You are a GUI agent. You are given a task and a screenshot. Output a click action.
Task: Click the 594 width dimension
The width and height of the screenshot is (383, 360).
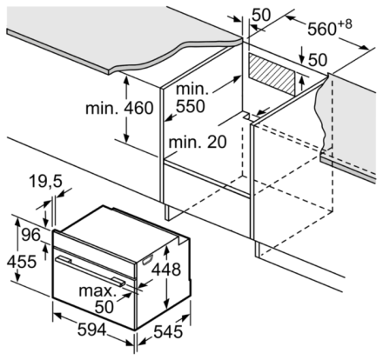pos(91,330)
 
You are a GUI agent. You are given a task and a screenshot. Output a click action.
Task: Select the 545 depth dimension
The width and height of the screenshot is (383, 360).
pos(168,331)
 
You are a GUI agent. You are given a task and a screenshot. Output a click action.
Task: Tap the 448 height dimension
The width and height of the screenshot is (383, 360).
pos(166,270)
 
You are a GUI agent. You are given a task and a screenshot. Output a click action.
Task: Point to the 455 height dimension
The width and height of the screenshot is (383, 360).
pos(22,262)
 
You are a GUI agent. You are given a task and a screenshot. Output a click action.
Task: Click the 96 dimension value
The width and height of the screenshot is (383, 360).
pos(31,234)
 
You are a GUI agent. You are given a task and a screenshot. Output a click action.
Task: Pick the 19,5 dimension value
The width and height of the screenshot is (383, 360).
pos(45,182)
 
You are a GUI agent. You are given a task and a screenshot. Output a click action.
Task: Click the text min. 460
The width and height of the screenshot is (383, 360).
pos(119,108)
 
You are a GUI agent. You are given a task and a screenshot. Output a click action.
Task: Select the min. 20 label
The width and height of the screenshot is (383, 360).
pos(198,142)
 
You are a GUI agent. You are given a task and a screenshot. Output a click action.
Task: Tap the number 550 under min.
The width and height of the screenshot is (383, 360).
pos(191,106)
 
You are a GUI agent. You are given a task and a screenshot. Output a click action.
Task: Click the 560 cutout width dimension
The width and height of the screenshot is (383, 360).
pos(321,29)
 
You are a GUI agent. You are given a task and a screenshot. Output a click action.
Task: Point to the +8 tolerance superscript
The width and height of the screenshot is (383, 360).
pos(345,23)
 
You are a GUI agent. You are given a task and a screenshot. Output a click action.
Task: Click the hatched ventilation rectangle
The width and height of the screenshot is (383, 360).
pos(272,75)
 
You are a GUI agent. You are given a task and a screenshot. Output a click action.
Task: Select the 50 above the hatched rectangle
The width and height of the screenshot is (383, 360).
pos(318,60)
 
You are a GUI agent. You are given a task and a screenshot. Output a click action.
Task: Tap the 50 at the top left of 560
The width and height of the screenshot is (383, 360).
pos(260,15)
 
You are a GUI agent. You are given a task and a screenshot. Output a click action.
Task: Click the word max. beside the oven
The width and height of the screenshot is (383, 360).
pos(97,290)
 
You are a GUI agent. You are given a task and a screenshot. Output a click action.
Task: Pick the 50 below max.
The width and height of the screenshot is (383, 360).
pos(104,307)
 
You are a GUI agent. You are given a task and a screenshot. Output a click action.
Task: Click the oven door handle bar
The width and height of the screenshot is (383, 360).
pos(91,270)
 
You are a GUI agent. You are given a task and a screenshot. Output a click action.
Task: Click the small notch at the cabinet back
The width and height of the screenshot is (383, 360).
pos(246,115)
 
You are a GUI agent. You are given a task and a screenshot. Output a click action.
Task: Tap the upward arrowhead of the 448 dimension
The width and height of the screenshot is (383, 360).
pos(166,250)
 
